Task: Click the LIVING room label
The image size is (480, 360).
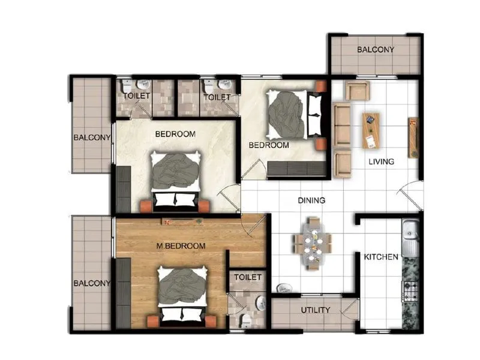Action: click(381, 161)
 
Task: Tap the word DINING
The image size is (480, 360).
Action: click(311, 200)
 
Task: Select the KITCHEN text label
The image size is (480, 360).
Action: click(381, 257)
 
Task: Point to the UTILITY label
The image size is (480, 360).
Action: click(315, 310)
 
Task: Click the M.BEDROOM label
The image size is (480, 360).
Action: click(181, 246)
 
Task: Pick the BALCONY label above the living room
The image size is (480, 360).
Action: click(376, 50)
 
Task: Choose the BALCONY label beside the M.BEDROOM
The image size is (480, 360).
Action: click(92, 283)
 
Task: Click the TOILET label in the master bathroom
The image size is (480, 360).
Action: click(248, 277)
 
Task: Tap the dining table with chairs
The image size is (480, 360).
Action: click(312, 243)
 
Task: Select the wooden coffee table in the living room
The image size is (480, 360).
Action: click(371, 130)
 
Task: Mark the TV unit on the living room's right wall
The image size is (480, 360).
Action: click(413, 138)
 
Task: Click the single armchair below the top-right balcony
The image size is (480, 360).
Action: click(356, 91)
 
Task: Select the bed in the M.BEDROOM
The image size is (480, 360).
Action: click(182, 294)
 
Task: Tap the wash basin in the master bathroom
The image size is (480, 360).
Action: click(261, 303)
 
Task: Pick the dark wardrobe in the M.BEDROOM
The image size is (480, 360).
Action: click(123, 293)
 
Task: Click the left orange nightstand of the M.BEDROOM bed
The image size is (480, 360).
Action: click(153, 322)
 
